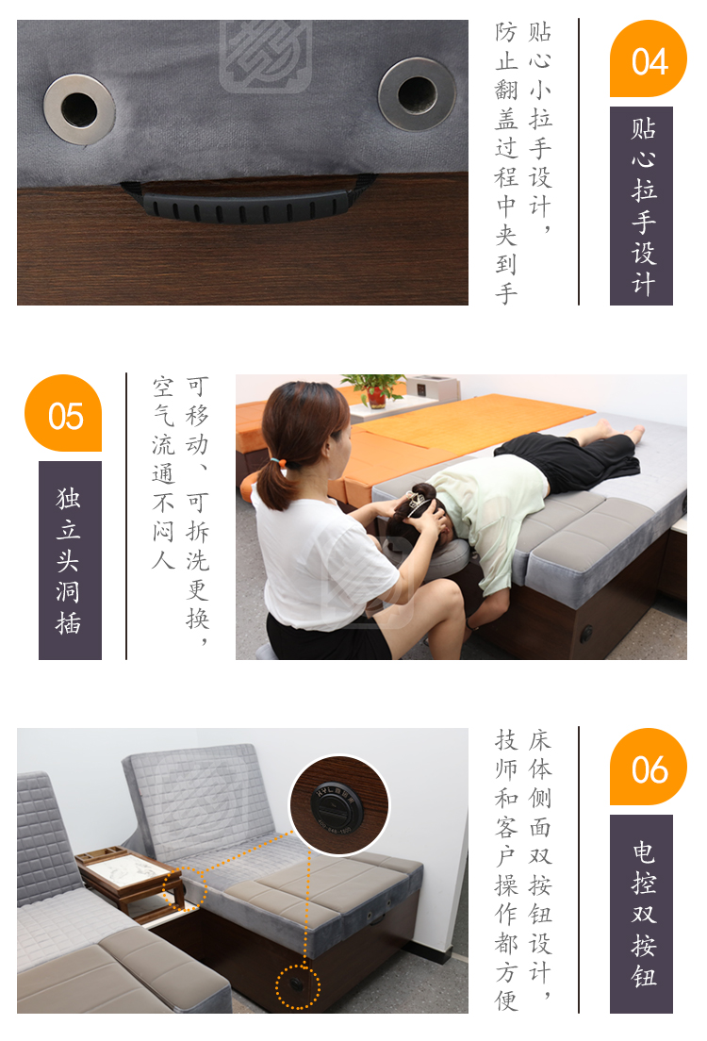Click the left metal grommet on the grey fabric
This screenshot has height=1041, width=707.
click(79, 108)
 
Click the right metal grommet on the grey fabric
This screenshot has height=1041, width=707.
click(417, 93)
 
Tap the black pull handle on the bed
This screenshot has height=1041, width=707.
click(248, 203)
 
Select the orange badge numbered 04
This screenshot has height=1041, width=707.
click(648, 59)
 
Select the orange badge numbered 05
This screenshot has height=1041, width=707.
click(63, 413)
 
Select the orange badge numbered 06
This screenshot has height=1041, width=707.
click(648, 767)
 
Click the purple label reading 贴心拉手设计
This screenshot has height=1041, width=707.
click(641, 206)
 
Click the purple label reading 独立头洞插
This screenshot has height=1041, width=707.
click(70, 560)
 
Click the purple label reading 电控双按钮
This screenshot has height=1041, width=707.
click(641, 915)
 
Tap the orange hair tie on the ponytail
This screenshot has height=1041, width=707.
click(279, 460)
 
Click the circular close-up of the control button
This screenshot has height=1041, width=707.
click(339, 805)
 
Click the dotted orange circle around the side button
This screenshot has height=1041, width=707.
click(297, 987)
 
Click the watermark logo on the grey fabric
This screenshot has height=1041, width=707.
click(266, 55)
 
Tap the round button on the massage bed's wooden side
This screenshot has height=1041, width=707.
click(586, 634)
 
